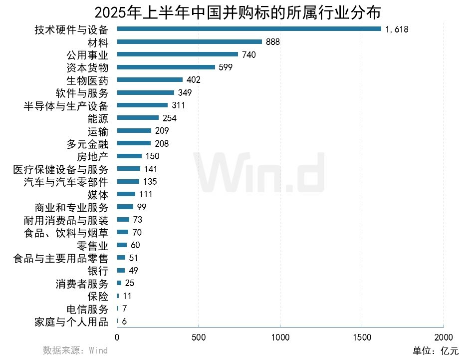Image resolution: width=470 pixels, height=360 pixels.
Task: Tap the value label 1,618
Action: coord(397,29)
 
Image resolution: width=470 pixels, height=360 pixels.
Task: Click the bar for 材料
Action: coord(189,42)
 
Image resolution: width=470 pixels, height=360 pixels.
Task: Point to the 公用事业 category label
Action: coord(87,54)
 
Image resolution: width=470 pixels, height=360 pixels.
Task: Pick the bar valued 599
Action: coord(166,67)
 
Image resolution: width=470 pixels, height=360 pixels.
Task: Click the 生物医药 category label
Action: coord(87,80)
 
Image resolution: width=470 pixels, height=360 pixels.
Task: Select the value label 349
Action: coord(185,93)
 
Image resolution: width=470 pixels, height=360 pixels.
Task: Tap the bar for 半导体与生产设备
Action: coord(142,105)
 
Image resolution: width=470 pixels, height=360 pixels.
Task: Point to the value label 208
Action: coord(162,144)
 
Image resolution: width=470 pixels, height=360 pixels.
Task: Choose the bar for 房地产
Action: coord(129,156)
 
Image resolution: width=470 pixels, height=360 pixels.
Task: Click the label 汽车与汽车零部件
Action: coord(66,182)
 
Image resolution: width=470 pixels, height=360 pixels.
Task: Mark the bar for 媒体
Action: coord(126,194)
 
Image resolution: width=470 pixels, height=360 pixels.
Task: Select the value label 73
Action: coord(138,220)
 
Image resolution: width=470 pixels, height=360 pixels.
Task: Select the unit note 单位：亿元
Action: coord(435,351)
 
